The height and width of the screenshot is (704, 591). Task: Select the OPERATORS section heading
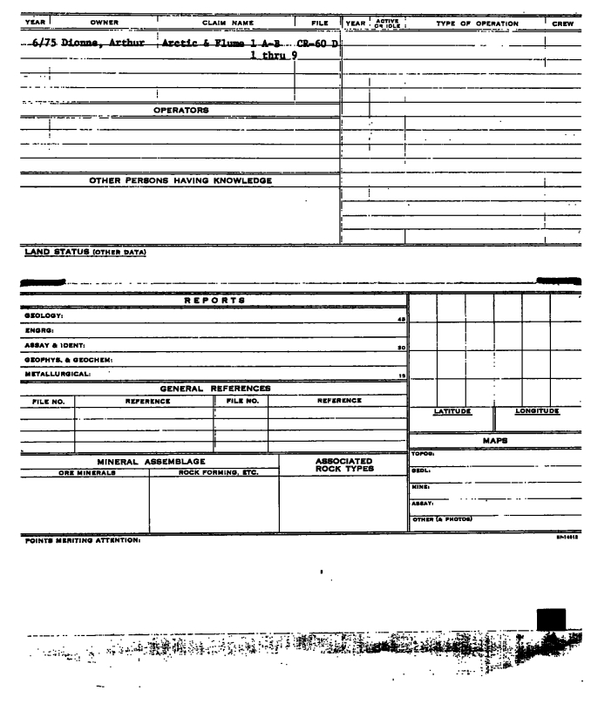(x=181, y=111)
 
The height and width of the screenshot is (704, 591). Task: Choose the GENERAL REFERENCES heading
(x=214, y=388)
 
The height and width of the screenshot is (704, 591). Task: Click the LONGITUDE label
(x=537, y=410)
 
